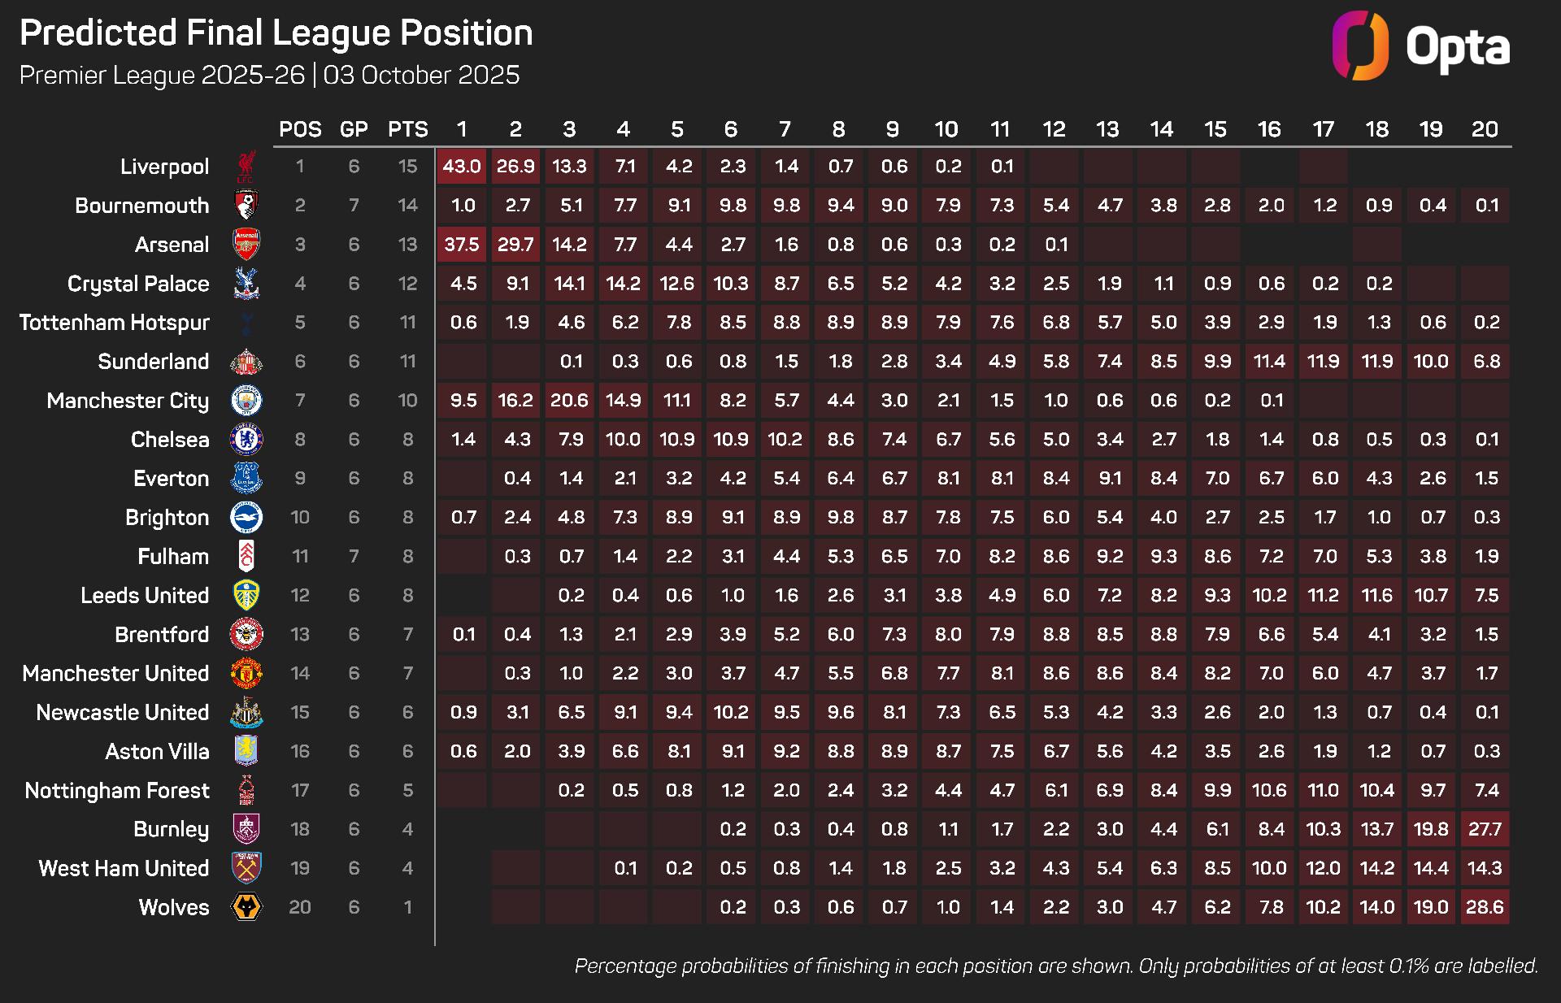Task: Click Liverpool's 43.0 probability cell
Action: click(461, 167)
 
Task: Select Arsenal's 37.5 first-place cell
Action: click(461, 245)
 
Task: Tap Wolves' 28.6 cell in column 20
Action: click(1485, 907)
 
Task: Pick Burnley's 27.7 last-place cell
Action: click(1485, 829)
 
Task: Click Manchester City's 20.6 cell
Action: click(569, 401)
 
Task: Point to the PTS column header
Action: click(407, 129)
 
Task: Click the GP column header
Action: click(354, 129)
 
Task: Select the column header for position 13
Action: click(1107, 129)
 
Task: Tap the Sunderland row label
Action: click(154, 362)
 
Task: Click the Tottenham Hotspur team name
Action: click(115, 323)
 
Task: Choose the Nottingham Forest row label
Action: click(117, 791)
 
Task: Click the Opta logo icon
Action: click(1360, 46)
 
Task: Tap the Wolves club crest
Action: click(246, 907)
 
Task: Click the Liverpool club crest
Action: click(246, 167)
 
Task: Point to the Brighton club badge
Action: click(246, 518)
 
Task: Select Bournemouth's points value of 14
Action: click(407, 206)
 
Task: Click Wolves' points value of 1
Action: click(407, 907)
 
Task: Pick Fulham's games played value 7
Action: click(354, 557)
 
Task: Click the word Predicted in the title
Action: click(98, 33)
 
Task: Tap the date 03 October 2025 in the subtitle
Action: click(421, 75)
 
